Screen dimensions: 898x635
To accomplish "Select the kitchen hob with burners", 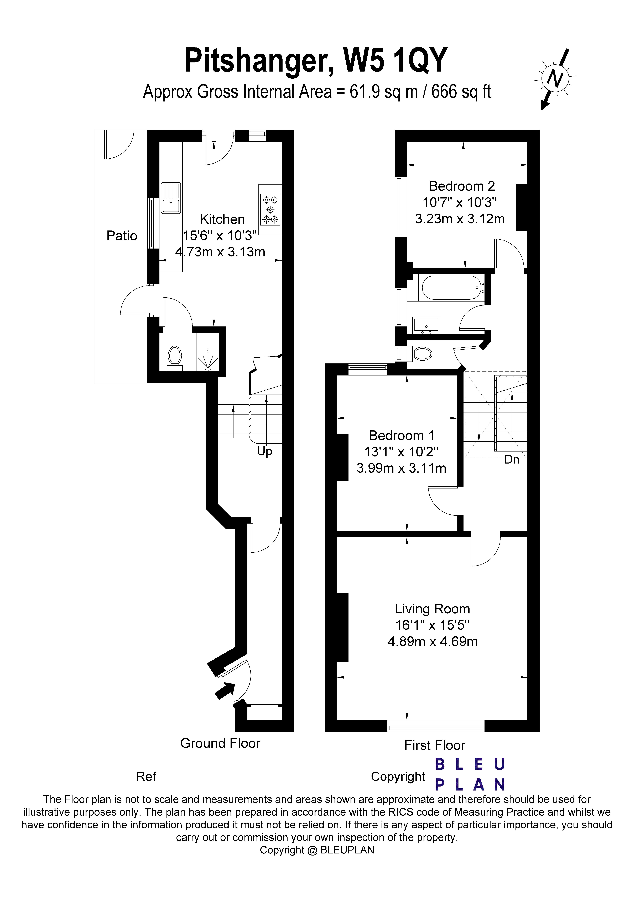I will pos(270,210).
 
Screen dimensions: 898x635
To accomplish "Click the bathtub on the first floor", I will pos(451,288).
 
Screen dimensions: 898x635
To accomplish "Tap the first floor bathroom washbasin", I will pos(426,325).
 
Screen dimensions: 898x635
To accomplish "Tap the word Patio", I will pos(122,236).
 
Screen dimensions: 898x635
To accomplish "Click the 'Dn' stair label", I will pos(511,460).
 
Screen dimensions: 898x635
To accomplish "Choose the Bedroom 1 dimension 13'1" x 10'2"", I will pos(401,452).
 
